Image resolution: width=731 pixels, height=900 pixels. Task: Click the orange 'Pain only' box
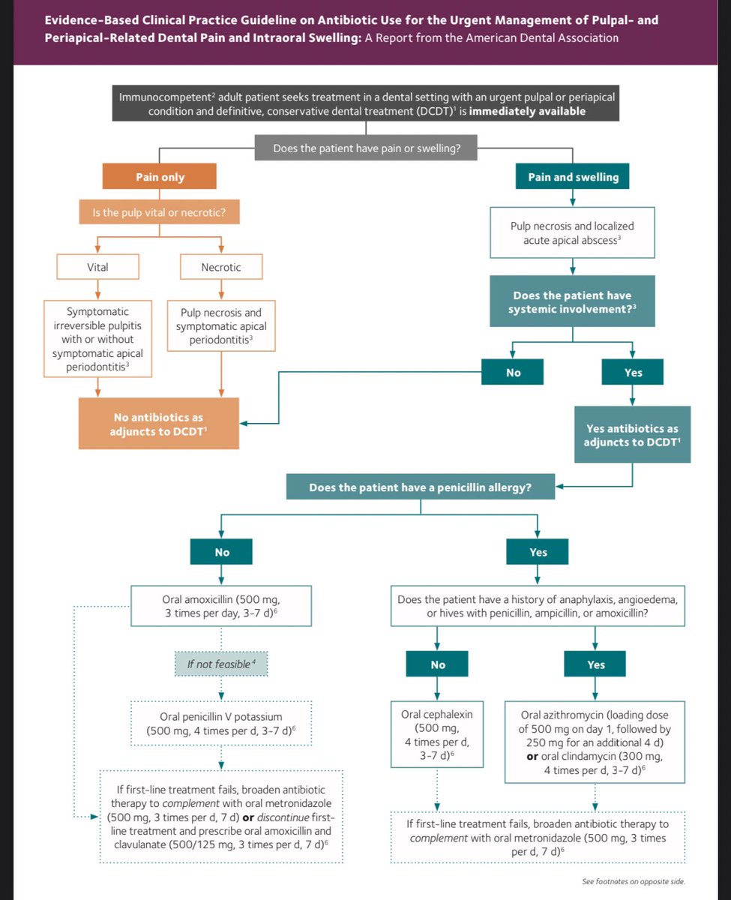[x=159, y=176]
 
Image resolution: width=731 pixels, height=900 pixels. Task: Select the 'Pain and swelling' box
[x=572, y=176]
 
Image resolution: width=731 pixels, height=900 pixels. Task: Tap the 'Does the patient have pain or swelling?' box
[x=366, y=148]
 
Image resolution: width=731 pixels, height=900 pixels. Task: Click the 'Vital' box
[x=97, y=266]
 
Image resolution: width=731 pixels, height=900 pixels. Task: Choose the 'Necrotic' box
[x=221, y=266]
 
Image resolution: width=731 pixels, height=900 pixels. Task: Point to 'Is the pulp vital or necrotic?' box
[x=159, y=211]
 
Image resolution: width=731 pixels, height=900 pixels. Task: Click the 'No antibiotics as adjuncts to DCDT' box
[x=159, y=424]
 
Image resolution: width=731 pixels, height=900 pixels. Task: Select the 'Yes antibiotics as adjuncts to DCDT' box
[x=632, y=434]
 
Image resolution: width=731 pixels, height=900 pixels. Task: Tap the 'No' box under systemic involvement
[x=512, y=372]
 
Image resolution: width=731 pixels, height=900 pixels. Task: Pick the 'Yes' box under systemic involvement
[x=632, y=372]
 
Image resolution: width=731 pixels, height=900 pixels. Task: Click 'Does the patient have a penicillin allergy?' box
[x=420, y=487]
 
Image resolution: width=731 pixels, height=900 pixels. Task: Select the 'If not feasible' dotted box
[x=221, y=664]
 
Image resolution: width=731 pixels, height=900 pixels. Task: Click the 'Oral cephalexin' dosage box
[x=436, y=734]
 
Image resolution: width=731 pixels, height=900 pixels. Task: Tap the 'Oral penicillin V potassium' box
[x=221, y=724]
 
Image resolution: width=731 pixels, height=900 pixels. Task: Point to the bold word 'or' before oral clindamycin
[x=532, y=756]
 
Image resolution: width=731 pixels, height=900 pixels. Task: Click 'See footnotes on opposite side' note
[x=634, y=881]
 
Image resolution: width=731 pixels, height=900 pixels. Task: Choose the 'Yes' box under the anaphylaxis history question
[x=595, y=664]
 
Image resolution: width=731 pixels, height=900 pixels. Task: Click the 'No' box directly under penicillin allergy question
[x=221, y=551]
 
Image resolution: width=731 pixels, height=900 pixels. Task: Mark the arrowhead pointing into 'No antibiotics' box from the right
[x=244, y=424]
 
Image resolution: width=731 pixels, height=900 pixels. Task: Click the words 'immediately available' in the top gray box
[x=527, y=111]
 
